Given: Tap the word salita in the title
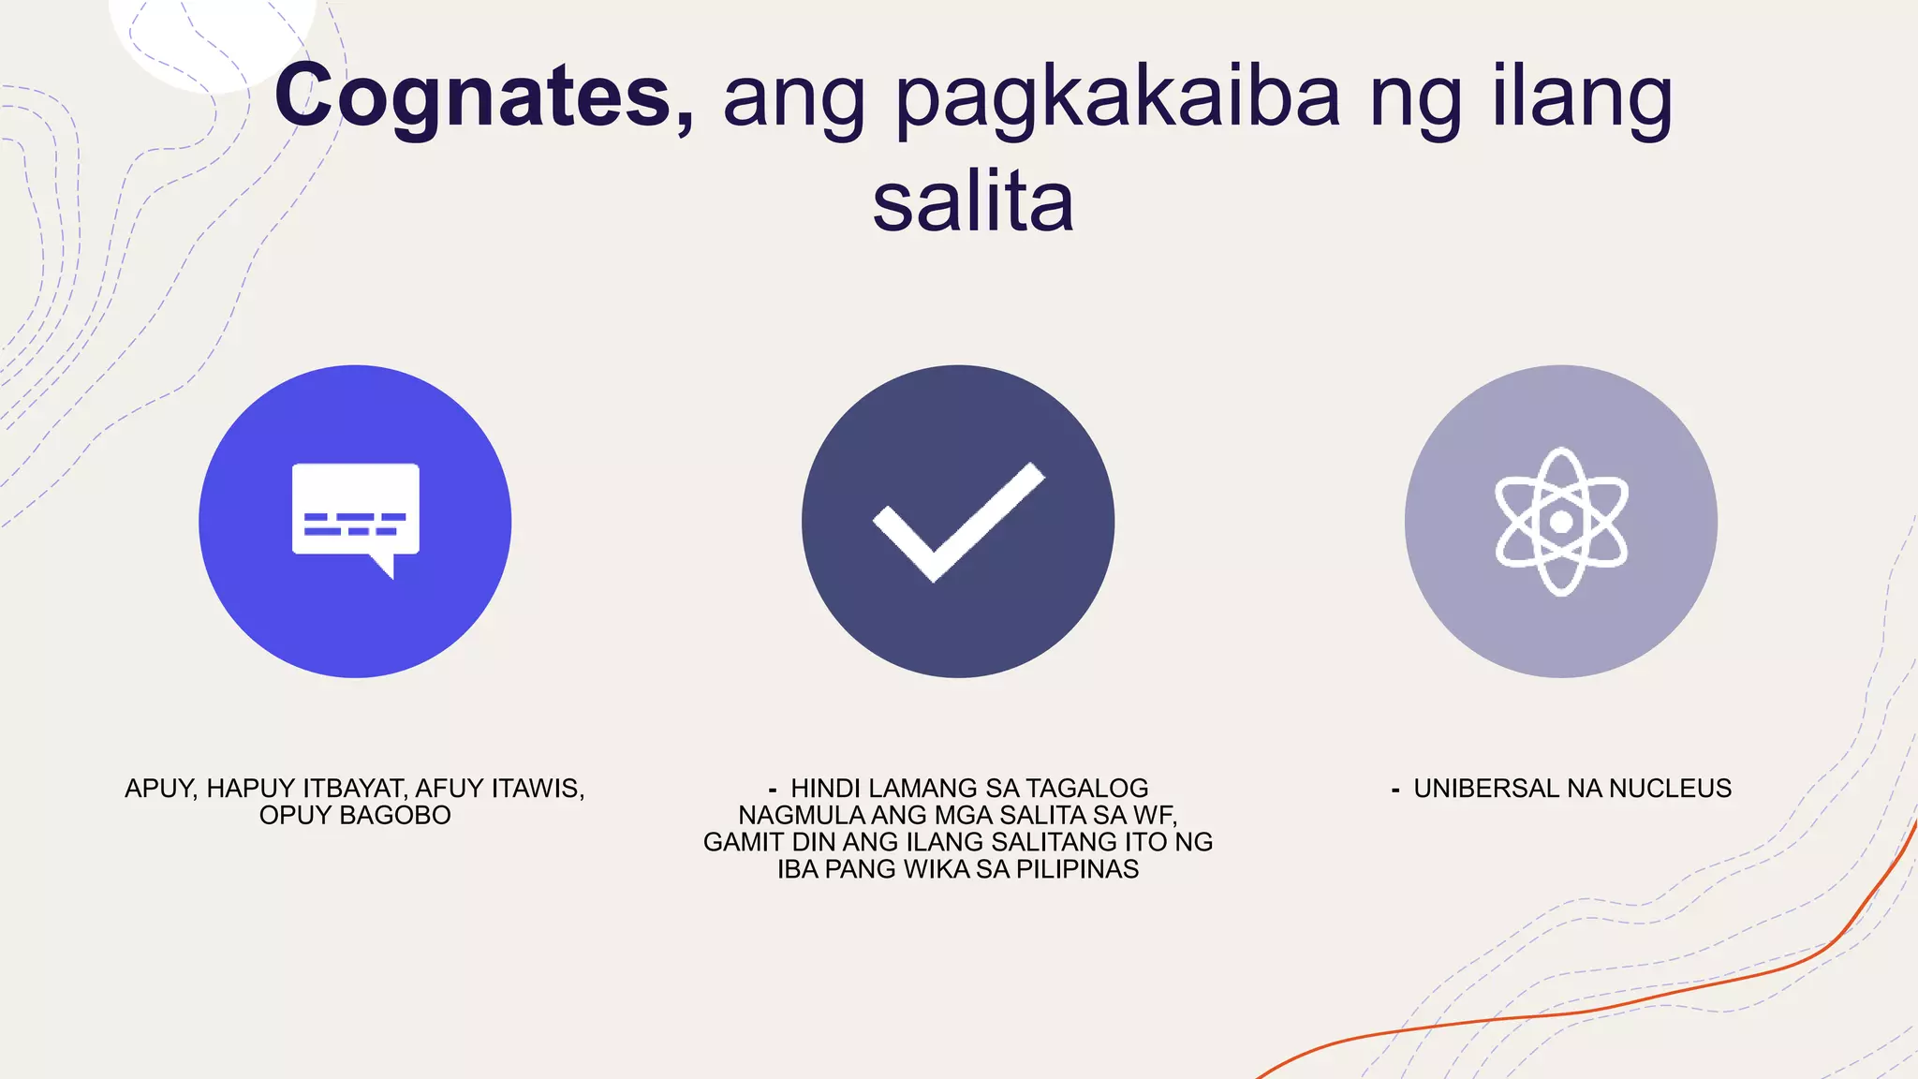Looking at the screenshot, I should pos(972,202).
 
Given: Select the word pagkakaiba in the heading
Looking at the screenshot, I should pos(1118,99).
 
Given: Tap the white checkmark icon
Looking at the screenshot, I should pos(958,521).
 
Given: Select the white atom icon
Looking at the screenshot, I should pos(1561,521).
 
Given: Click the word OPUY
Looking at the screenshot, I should pos(295,816).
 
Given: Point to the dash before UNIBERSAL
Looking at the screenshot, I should pos(1395,791).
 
